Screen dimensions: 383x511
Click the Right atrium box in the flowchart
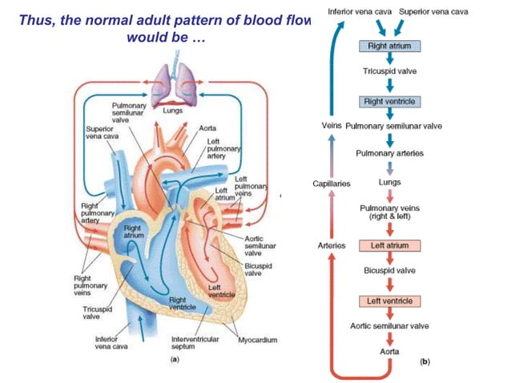388,47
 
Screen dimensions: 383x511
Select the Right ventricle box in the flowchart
388,103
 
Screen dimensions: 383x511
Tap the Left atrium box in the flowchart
389,246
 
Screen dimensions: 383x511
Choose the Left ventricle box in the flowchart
389,301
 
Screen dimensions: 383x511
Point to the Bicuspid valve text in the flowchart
389,271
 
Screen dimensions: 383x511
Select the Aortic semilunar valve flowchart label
389,326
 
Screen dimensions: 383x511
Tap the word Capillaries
331,183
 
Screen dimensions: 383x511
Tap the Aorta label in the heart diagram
207,127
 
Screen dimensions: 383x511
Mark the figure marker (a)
175,361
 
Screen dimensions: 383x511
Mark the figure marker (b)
424,362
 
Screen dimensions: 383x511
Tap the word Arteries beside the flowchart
332,246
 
